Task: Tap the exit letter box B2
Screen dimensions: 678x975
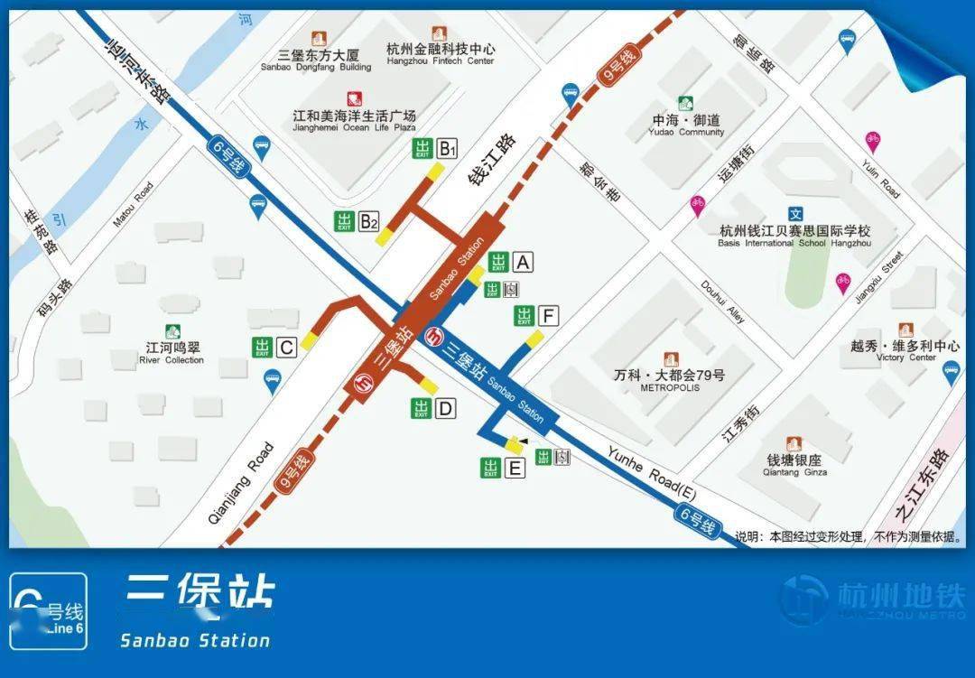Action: click(x=368, y=221)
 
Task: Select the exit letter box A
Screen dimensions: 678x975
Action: click(x=523, y=263)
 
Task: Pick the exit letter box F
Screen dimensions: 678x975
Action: click(x=548, y=316)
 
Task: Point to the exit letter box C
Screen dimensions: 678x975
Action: click(x=286, y=347)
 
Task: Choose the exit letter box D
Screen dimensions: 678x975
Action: click(x=445, y=409)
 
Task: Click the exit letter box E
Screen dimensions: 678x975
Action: click(x=515, y=468)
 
